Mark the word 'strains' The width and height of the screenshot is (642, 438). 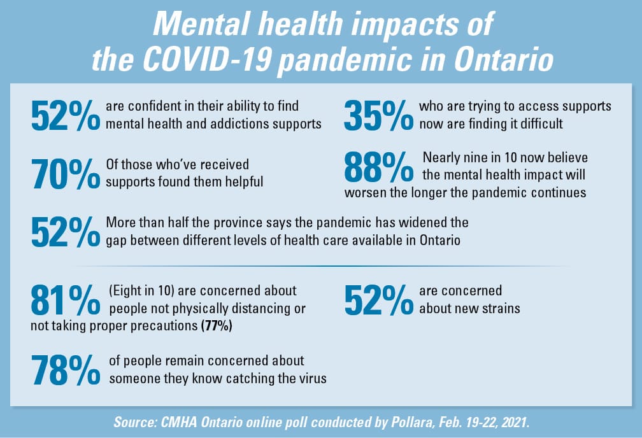tap(499, 309)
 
